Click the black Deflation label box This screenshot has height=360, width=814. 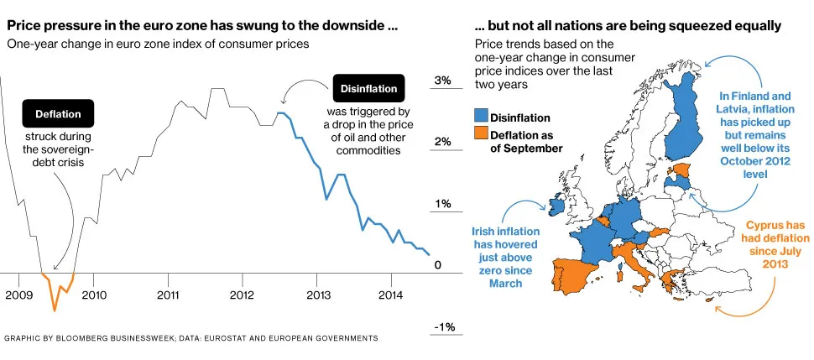point(58,114)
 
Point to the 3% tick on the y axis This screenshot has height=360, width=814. point(443,81)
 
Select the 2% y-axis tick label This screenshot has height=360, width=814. point(443,143)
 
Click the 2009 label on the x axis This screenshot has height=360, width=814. point(19,295)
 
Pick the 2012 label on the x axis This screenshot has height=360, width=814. point(242,295)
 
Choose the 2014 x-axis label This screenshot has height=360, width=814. point(390,295)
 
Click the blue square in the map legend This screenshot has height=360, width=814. point(481,117)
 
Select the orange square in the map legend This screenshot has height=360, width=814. point(481,133)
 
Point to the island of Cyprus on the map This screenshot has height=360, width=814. point(712,300)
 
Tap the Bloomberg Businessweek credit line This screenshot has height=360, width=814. point(190,338)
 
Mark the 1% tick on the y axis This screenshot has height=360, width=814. point(443,204)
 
